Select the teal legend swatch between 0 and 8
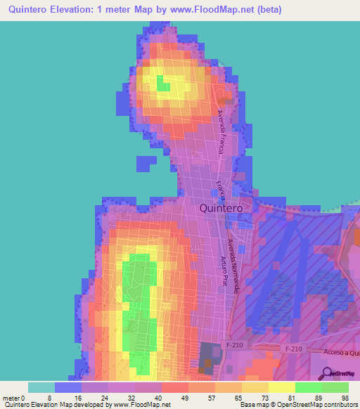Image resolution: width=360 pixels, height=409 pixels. (41, 387)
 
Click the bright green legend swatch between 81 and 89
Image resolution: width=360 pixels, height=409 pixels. (309, 387)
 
